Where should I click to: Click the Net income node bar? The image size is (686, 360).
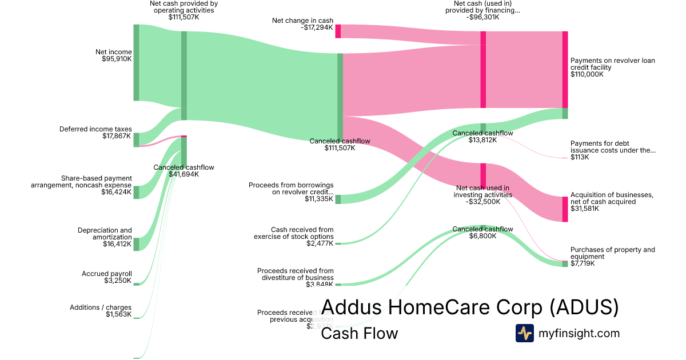pyautogui.click(x=136, y=62)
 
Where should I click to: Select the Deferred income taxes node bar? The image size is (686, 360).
pyautogui.click(x=136, y=139)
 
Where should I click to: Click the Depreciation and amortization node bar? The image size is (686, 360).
pyautogui.click(x=136, y=244)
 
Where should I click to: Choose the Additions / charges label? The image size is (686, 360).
pyautogui.click(x=101, y=307)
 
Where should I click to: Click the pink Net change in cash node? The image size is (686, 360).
pyautogui.click(x=338, y=31)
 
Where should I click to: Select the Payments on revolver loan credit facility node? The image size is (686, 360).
pyautogui.click(x=565, y=69)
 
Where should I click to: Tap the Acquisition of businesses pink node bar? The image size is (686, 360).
pyautogui.click(x=565, y=209)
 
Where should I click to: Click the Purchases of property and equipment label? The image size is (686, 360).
pyautogui.click(x=613, y=253)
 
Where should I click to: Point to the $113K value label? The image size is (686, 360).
pyautogui.click(x=580, y=157)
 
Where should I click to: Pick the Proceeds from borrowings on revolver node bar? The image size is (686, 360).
pyautogui.click(x=338, y=199)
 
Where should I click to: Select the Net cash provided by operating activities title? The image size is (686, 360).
pyautogui.click(x=184, y=7)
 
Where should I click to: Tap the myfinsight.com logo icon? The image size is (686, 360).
pyautogui.click(x=524, y=333)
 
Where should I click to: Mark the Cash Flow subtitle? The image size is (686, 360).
pyautogui.click(x=359, y=334)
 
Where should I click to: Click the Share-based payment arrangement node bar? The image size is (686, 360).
pyautogui.click(x=136, y=191)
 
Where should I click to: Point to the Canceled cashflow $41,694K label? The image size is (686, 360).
pyautogui.click(x=184, y=171)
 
